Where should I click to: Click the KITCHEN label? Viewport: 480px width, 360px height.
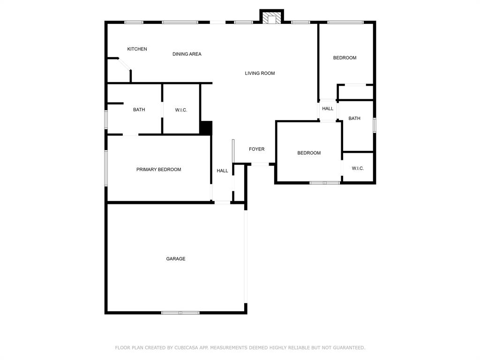point(137,49)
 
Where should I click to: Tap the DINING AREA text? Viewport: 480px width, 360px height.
point(187,54)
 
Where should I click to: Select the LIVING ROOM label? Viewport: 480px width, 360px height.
point(260,73)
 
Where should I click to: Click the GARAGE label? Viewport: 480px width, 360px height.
point(175,259)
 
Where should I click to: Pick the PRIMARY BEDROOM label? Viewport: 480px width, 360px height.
point(158,170)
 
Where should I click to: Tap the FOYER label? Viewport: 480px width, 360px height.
point(256,149)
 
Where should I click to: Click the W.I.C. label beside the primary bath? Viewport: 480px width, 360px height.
point(181,110)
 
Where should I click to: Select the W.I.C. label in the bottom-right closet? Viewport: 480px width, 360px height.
point(358,168)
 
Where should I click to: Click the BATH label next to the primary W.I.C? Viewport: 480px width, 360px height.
point(139,110)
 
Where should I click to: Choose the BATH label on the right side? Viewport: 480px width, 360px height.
point(354,119)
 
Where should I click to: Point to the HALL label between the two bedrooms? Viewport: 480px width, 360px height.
point(328,109)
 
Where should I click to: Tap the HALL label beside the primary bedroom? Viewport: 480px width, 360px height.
point(222,171)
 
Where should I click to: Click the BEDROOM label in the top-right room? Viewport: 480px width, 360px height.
point(345,58)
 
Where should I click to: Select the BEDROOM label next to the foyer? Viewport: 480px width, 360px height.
point(309,153)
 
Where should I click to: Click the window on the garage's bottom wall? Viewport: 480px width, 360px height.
point(180,313)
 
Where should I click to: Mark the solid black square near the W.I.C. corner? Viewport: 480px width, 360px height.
point(206,128)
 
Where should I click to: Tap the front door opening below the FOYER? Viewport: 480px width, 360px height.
point(260,165)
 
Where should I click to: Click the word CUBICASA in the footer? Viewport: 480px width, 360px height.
point(187,348)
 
